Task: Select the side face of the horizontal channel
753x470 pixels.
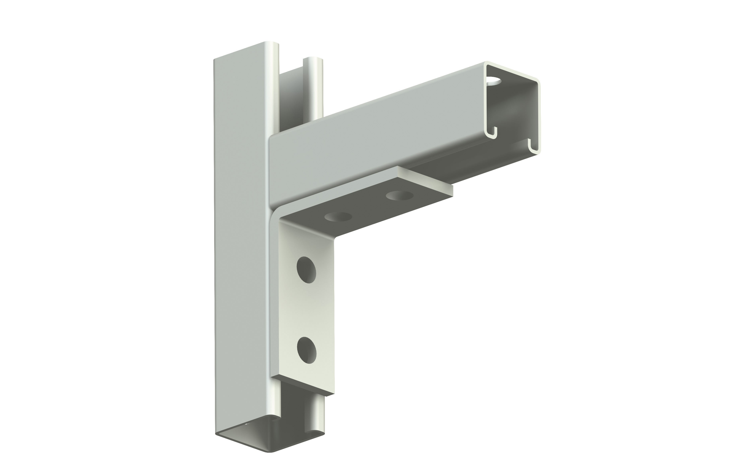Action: pyautogui.click(x=373, y=149)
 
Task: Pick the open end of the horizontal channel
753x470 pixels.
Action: pyautogui.click(x=513, y=109)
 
